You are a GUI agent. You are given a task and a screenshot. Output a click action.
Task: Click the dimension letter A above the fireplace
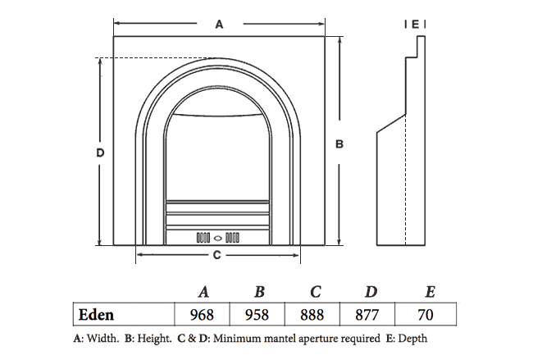219,25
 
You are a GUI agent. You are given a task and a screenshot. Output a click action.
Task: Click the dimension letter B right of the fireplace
339,144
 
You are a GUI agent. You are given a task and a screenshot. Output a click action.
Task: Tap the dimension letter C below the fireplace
216,255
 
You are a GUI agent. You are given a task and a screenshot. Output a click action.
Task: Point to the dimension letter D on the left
99,152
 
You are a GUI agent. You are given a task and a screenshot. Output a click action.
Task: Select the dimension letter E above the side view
416,25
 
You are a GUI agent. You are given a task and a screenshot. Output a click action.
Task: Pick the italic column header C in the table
315,292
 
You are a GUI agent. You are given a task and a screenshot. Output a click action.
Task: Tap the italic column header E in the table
430,292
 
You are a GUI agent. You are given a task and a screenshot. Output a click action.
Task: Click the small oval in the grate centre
218,237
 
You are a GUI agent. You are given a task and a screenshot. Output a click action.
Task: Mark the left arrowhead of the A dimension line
116,25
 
